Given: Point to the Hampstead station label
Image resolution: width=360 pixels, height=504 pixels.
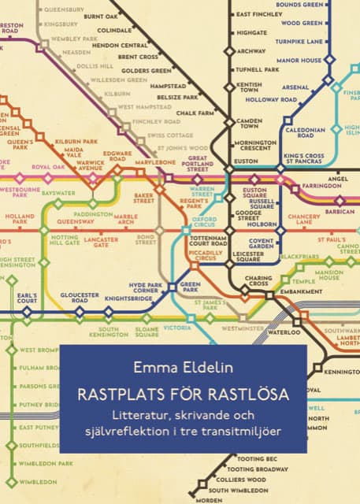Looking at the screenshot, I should pyautogui.click(x=168, y=85).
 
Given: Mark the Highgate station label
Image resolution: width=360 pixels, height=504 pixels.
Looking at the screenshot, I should pyautogui.click(x=252, y=33).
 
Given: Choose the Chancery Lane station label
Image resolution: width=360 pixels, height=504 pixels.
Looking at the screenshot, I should pyautogui.click(x=304, y=220).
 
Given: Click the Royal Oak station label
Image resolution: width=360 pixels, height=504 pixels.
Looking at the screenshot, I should pyautogui.click(x=48, y=167).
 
